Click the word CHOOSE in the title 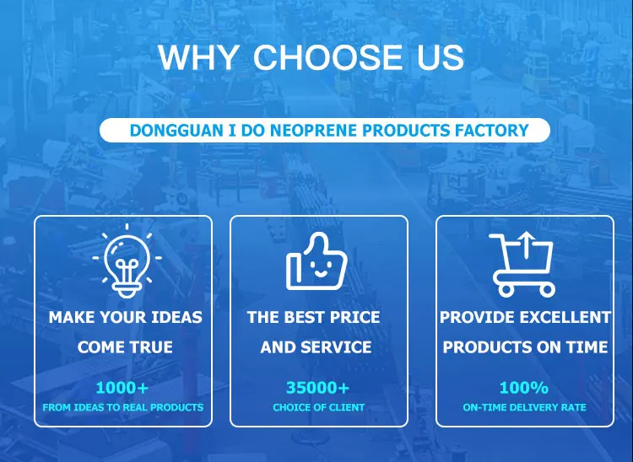point(327,56)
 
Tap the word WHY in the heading point(197,56)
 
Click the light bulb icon point(127,261)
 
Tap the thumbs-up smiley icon point(316,261)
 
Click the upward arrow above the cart point(526,244)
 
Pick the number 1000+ point(122,388)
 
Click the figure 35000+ point(317,388)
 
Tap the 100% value point(524,388)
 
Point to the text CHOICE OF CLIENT point(318,407)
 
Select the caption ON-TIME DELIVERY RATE point(524,407)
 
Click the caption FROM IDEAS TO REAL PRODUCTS point(123,407)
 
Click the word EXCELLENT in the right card point(565,317)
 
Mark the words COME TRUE point(125,347)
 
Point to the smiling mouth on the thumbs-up point(321,274)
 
